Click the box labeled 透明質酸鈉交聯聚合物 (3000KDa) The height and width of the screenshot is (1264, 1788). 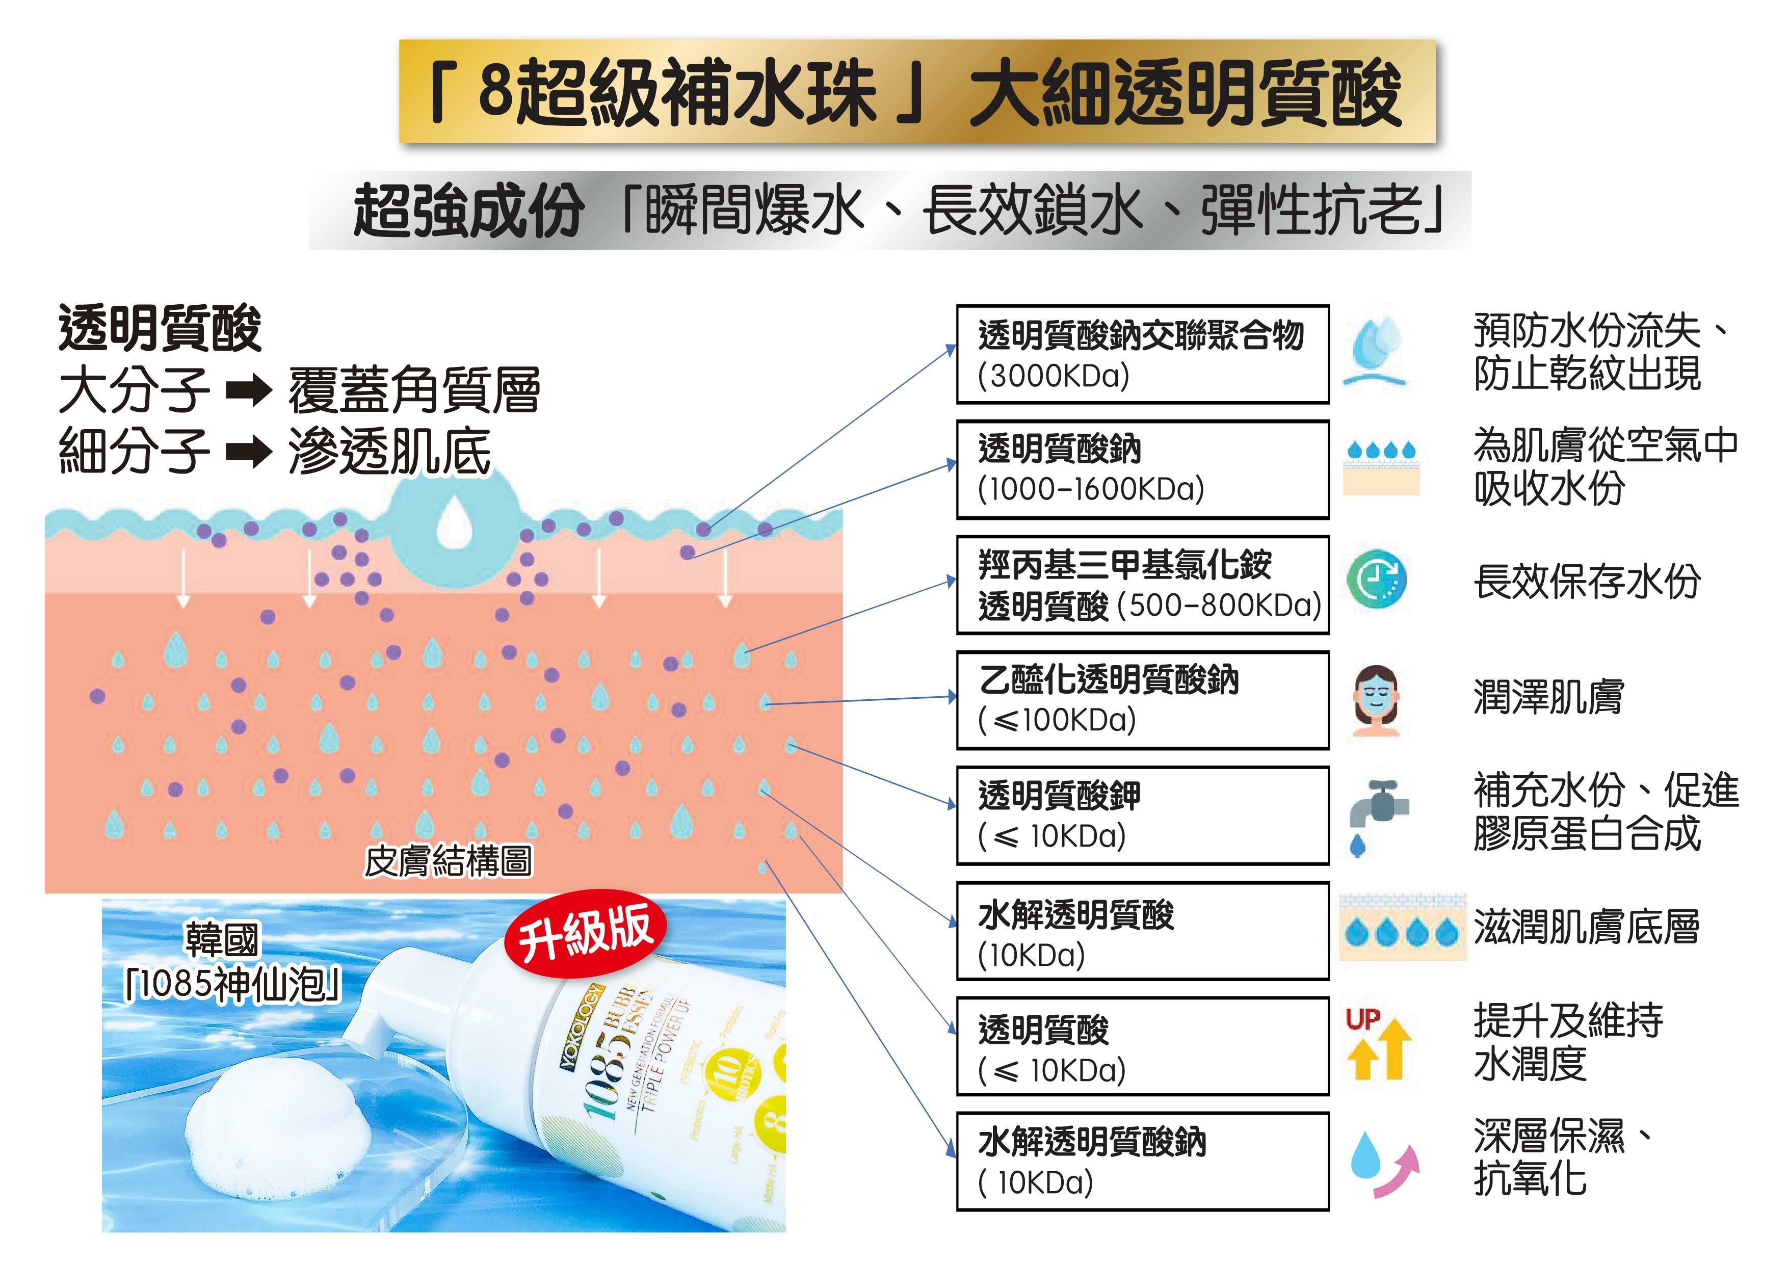pos(1142,354)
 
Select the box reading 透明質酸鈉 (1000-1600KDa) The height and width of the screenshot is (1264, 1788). pos(1142,469)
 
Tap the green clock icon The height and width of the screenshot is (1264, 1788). pos(1376,580)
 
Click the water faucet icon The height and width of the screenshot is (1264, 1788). pos(1376,814)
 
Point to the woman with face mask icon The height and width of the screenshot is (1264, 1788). pos(1376,699)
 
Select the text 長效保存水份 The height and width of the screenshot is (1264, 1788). pos(1586,582)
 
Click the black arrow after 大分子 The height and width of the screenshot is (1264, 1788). pos(248,391)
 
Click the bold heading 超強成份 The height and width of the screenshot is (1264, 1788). pos(468,211)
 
